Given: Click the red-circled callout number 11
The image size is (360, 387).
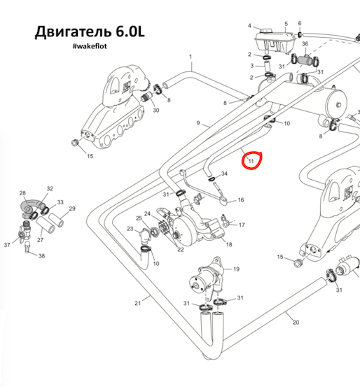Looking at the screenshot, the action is [x=251, y=162].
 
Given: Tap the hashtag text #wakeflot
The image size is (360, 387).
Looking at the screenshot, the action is [x=90, y=46].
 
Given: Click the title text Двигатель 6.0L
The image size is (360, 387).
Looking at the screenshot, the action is [x=90, y=31].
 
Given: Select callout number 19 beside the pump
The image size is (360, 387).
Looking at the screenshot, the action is [x=237, y=269].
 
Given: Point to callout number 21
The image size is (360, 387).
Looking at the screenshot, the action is [x=137, y=303].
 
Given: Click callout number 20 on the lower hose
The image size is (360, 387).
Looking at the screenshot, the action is [x=296, y=323].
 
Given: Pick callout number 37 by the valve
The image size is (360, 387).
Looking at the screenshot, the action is [x=7, y=245].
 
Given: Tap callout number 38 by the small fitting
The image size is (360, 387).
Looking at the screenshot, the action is [x=42, y=256].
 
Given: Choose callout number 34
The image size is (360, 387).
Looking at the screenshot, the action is [x=224, y=174].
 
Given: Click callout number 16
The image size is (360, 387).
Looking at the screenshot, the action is [x=241, y=200].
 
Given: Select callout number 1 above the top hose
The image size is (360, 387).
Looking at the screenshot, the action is [x=191, y=57].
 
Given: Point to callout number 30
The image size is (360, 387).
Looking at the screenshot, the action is [x=156, y=110].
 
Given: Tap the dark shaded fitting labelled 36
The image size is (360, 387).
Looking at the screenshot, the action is [x=305, y=60].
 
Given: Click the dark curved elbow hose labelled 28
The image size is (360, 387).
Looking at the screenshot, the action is [x=30, y=205].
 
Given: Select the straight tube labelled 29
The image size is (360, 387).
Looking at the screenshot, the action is [x=56, y=220].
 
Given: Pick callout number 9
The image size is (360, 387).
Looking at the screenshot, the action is [x=198, y=123].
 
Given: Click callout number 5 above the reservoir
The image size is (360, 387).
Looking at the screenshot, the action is [x=286, y=24].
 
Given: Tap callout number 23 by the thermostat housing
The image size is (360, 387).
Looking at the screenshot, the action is [x=130, y=229].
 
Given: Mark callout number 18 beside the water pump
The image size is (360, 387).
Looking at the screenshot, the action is [x=229, y=244].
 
